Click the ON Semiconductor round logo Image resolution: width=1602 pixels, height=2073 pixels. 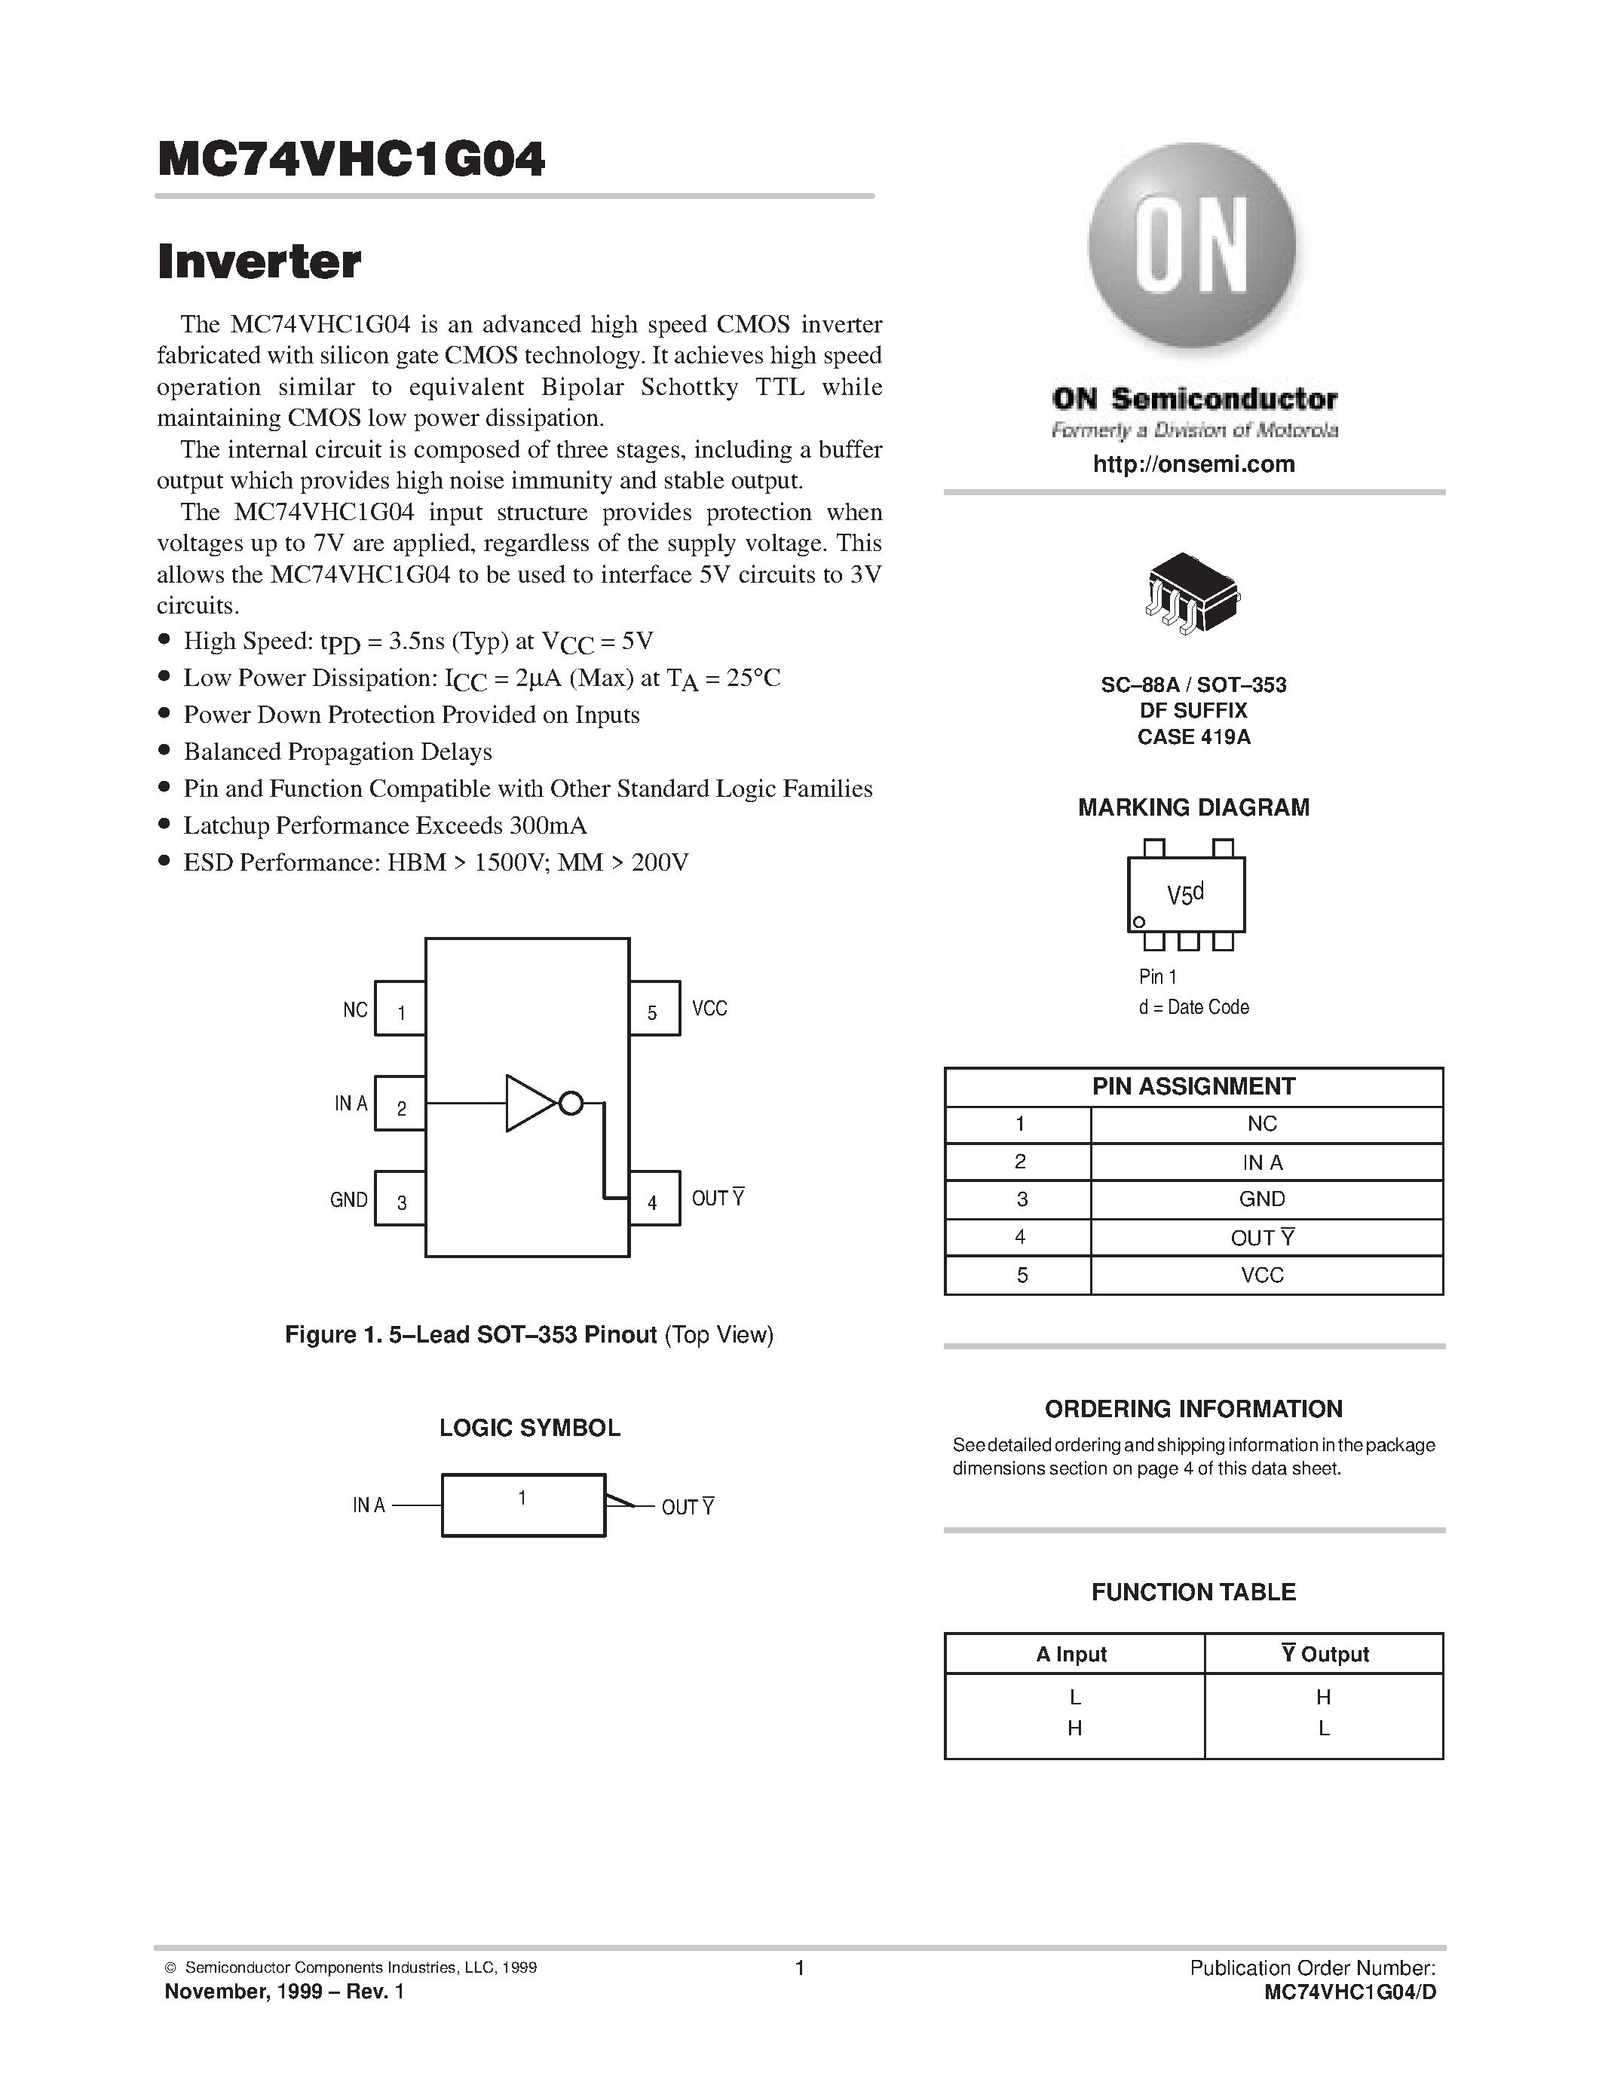(1192, 245)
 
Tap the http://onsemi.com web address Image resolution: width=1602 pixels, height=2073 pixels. (1193, 464)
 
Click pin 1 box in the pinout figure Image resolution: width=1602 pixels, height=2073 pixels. (400, 1008)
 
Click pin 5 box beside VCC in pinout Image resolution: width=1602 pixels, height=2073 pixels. (654, 1008)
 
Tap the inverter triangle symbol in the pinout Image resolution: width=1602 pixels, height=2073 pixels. (529, 1103)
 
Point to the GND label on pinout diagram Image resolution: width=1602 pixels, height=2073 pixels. (348, 1200)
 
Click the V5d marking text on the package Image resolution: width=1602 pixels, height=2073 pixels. (1184, 894)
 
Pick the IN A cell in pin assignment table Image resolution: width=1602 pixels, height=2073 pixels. (1262, 1162)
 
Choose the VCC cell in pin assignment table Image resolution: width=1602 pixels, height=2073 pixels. (1262, 1275)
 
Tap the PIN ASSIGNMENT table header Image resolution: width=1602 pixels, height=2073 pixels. (1193, 1087)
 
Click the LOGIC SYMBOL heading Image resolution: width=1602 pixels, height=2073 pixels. (529, 1428)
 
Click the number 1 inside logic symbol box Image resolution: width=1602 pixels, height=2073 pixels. (522, 1498)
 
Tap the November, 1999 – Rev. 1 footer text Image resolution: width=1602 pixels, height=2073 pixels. (285, 1992)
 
